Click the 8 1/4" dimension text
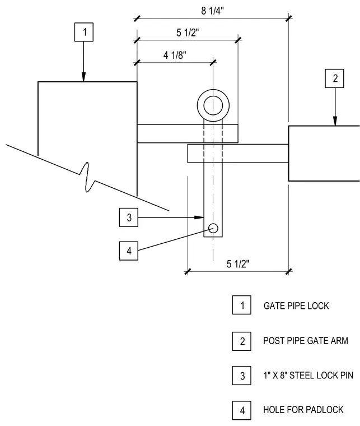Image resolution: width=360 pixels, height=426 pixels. [212, 11]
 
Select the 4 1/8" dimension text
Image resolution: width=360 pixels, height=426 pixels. [175, 55]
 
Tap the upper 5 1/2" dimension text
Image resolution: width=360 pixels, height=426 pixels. [188, 33]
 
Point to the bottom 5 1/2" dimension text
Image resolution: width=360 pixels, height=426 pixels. [238, 264]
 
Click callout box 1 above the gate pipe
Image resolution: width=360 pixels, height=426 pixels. [84, 32]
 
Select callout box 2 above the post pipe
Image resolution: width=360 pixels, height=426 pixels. [334, 78]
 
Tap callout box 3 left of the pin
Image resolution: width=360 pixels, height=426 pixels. [129, 217]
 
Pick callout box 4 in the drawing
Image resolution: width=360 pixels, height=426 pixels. [129, 251]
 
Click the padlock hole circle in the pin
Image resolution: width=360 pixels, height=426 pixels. [213, 228]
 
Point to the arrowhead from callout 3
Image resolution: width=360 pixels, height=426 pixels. [199, 217]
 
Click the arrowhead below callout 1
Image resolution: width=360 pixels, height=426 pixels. [83, 77]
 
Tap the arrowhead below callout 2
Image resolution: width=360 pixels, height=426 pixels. [335, 121]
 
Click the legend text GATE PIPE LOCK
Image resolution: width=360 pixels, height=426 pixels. [296, 306]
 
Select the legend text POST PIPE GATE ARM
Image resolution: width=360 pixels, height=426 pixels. [306, 341]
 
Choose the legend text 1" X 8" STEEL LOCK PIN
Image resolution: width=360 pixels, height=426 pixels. [308, 376]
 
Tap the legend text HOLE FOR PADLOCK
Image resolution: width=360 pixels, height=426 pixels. [303, 410]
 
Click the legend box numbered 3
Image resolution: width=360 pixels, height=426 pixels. [241, 376]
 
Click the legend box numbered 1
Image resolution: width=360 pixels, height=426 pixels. [241, 305]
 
